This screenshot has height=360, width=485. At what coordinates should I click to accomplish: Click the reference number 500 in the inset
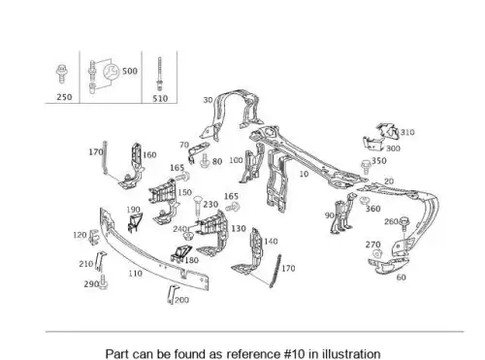(130, 71)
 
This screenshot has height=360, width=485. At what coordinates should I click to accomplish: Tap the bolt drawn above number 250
(61, 74)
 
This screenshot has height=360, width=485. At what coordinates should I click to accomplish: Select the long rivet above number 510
(159, 74)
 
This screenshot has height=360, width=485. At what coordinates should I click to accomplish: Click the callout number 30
(208, 100)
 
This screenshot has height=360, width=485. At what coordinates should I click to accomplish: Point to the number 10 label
(304, 174)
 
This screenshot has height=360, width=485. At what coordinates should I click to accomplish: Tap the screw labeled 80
(205, 161)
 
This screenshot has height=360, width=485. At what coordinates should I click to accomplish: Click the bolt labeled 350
(366, 166)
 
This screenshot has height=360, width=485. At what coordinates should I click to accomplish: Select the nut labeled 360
(365, 201)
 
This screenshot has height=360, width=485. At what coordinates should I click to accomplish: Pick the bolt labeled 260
(404, 225)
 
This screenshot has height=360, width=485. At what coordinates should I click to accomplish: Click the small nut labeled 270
(376, 253)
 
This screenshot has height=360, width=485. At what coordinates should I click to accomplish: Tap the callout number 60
(401, 278)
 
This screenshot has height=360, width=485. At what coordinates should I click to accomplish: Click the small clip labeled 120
(94, 236)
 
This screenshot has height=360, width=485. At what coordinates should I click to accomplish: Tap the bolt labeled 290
(103, 282)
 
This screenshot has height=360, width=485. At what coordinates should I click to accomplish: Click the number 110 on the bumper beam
(135, 274)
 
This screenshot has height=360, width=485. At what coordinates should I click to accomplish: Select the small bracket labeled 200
(172, 294)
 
